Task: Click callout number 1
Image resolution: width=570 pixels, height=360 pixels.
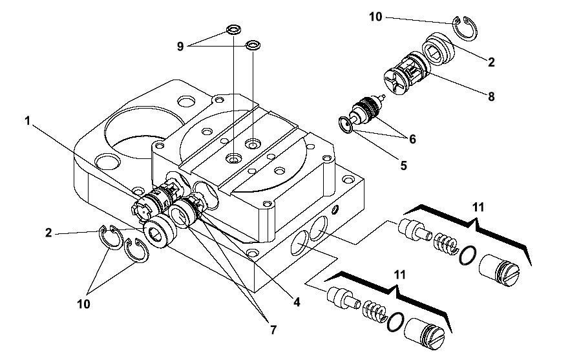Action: [27, 120]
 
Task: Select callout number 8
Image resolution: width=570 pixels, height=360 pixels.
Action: [491, 96]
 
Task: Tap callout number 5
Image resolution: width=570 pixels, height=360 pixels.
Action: [403, 166]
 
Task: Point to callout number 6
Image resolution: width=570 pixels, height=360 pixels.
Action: [412, 139]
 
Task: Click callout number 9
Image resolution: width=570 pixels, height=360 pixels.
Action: [180, 47]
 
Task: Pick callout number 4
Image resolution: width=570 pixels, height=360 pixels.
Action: [297, 302]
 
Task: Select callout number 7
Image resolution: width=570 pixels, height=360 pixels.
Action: [273, 330]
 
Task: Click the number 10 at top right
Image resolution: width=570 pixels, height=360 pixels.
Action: [375, 17]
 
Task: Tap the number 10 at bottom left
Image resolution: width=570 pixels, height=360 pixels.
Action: [83, 304]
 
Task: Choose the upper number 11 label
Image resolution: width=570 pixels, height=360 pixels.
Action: [478, 207]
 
